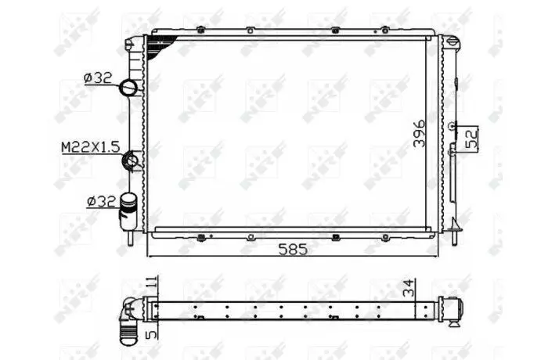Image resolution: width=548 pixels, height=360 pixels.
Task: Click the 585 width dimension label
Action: [x=293, y=249]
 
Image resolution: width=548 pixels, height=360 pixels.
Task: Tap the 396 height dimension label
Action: [x=419, y=134]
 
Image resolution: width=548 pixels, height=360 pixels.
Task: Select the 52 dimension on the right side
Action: [x=472, y=139]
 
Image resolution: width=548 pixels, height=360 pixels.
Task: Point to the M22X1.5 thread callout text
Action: [x=91, y=147]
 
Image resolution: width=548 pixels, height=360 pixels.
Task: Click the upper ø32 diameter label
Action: [x=98, y=77]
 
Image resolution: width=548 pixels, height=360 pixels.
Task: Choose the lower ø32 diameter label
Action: [x=101, y=201]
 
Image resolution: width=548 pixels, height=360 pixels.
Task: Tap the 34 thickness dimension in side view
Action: [x=408, y=288]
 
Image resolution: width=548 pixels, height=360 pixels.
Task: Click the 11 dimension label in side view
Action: [x=152, y=282]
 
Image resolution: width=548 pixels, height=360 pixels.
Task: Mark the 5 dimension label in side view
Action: [x=152, y=335]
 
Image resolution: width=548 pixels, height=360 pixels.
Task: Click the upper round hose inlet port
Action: [x=128, y=88]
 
